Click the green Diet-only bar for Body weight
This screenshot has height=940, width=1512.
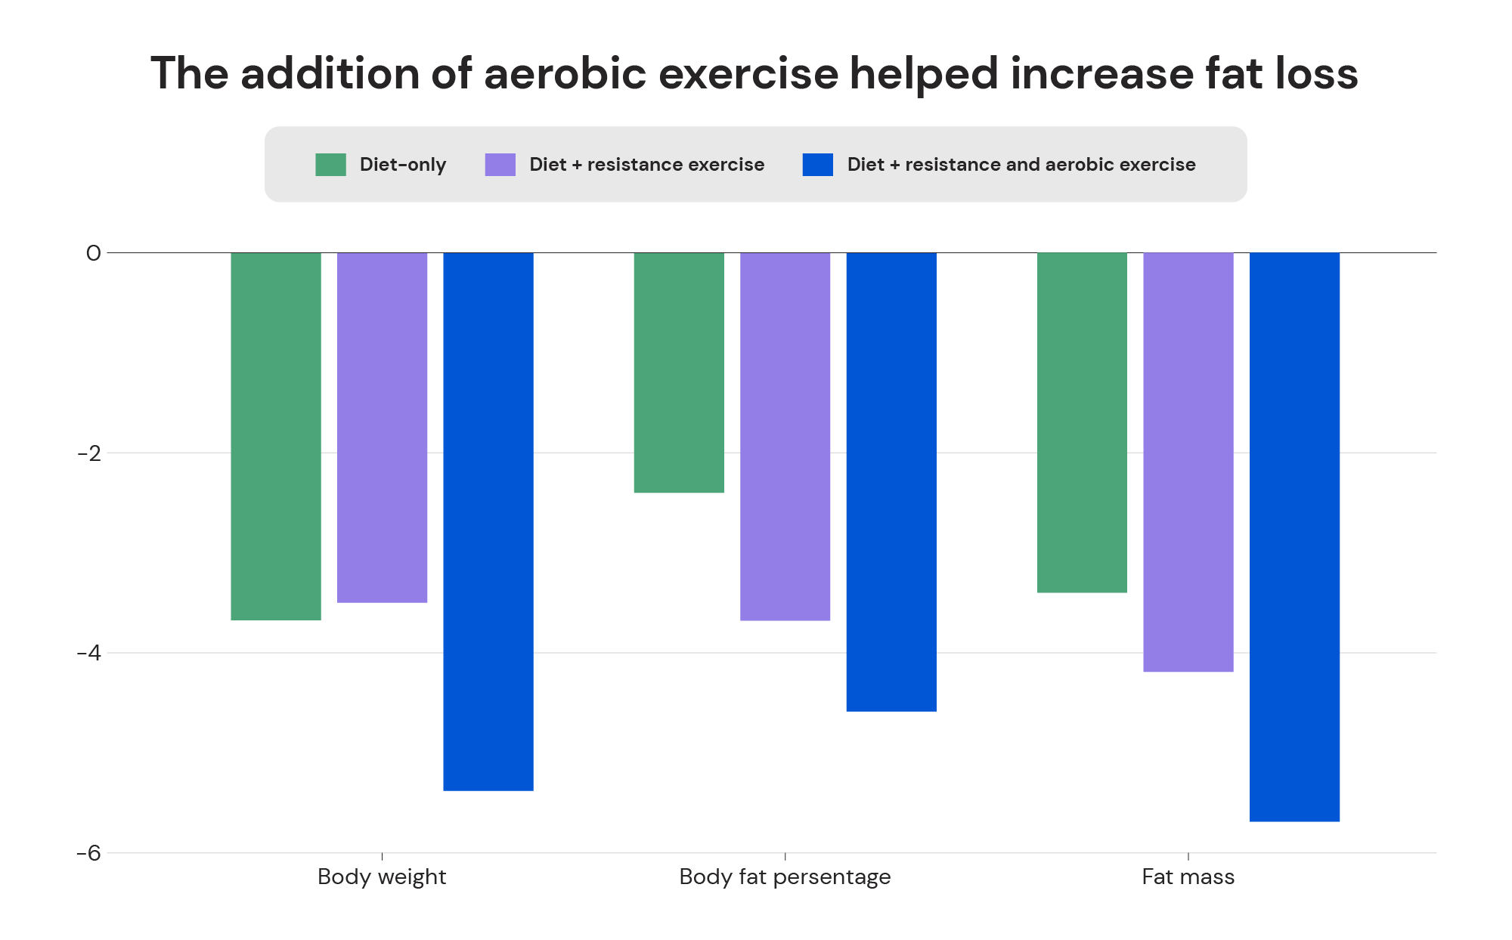(x=276, y=436)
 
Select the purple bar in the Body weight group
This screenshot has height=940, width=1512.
(x=382, y=427)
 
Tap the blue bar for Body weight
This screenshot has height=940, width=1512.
(x=488, y=521)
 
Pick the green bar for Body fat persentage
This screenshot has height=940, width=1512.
(x=679, y=373)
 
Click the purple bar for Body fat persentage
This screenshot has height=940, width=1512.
(x=785, y=436)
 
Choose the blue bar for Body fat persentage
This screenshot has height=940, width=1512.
(x=891, y=481)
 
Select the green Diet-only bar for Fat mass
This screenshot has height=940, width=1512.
(x=1082, y=422)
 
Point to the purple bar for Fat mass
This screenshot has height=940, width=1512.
(x=1188, y=462)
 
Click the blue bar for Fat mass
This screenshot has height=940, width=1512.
(x=1294, y=536)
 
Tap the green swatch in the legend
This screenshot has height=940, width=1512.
(x=330, y=165)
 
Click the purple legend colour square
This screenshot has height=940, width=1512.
(x=500, y=165)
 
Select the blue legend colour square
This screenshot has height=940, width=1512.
(x=817, y=165)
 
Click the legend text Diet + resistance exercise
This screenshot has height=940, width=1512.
(x=646, y=165)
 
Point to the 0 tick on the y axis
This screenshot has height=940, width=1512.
(x=93, y=253)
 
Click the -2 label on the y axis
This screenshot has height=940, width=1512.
(x=89, y=453)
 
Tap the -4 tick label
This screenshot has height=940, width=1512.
(x=89, y=653)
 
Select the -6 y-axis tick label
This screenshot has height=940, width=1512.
(x=89, y=853)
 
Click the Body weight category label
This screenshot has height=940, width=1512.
(x=382, y=877)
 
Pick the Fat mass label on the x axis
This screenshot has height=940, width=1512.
(x=1188, y=877)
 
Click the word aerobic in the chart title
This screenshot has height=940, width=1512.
(x=565, y=74)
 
